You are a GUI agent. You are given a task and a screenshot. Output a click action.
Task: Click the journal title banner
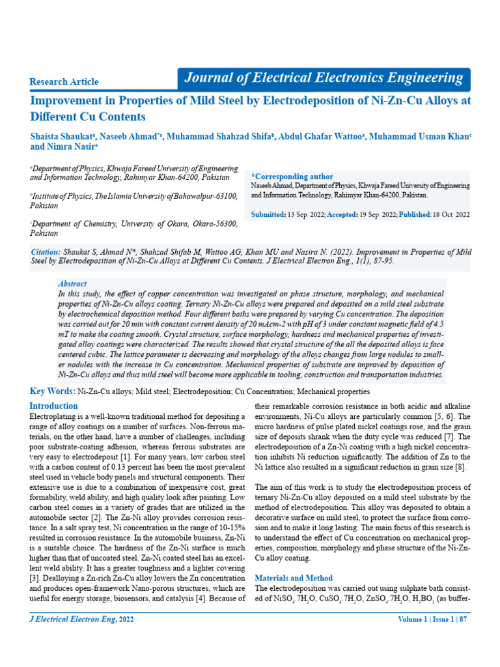pyautogui.click(x=324, y=79)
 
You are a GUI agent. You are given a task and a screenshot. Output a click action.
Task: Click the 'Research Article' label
pyautogui.click(x=64, y=82)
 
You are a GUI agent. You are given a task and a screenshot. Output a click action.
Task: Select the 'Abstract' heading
pyautogui.click(x=72, y=284)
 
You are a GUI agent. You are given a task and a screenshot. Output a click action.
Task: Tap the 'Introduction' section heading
pyautogui.click(x=54, y=406)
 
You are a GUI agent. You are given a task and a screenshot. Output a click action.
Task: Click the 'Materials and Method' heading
pyautogui.click(x=293, y=578)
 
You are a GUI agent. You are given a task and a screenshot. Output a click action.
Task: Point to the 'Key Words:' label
pyautogui.click(x=53, y=391)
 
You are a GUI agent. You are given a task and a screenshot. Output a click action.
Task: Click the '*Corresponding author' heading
pyautogui.click(x=292, y=177)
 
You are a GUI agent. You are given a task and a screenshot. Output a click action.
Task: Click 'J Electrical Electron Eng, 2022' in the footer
pyautogui.click(x=82, y=619)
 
